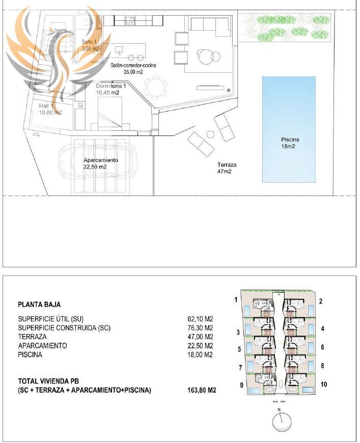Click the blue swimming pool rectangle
pyautogui.click(x=289, y=129)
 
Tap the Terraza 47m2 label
pyautogui.click(x=227, y=168)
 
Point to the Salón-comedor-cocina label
pyautogui.click(x=133, y=69)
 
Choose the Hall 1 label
pyautogui.click(x=50, y=109)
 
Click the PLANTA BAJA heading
pyautogui.click(x=39, y=304)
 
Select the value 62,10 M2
pyautogui.click(x=200, y=319)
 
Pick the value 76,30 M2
pyautogui.click(x=200, y=328)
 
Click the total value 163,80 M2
pyautogui.click(x=202, y=391)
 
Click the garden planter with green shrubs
pyautogui.click(x=285, y=27)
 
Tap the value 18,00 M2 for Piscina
pyautogui.click(x=200, y=355)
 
